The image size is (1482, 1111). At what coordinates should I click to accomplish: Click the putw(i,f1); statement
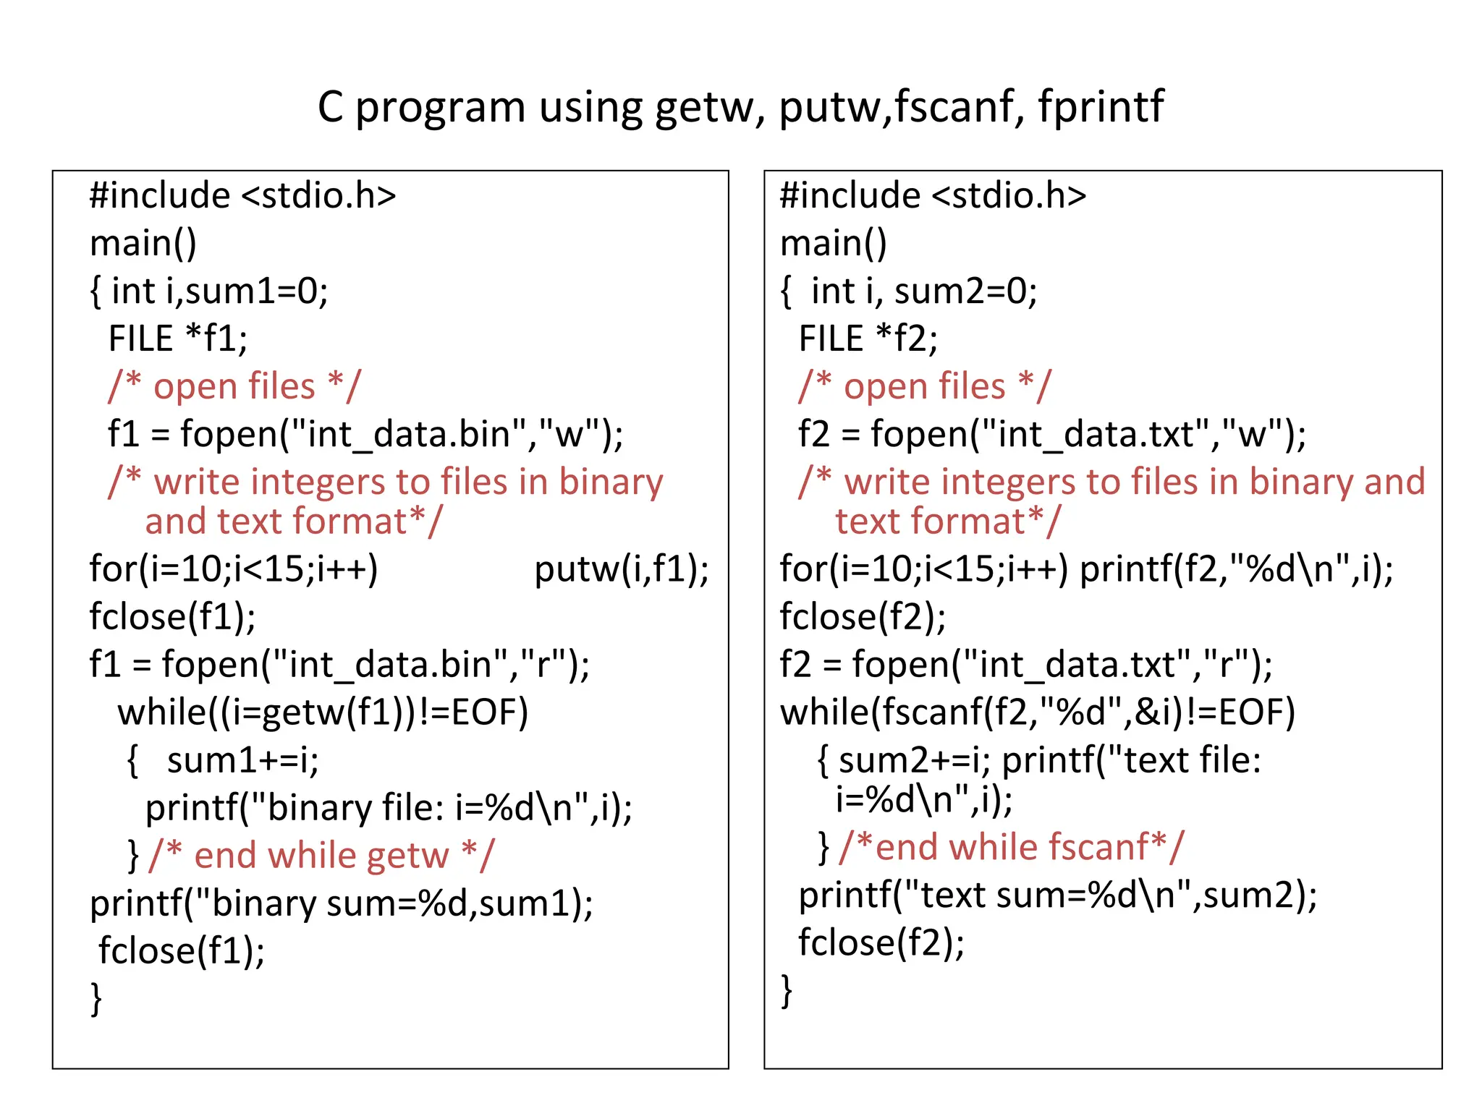point(621,569)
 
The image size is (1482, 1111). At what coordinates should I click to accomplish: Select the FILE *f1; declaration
point(177,339)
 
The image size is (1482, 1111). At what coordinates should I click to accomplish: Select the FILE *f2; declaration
point(868,339)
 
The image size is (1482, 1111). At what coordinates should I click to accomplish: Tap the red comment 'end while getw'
point(322,856)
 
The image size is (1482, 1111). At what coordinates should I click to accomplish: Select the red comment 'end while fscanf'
point(1012,847)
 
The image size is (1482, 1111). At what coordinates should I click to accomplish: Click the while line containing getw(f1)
point(323,712)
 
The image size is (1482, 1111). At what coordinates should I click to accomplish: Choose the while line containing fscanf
point(1037,712)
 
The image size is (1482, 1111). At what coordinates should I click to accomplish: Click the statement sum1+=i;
point(242,760)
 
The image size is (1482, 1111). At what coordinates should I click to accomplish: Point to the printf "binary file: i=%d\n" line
point(389,808)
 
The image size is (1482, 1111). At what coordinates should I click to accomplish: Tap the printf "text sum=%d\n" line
point(1057,895)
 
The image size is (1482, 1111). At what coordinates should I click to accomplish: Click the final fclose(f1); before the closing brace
point(182,950)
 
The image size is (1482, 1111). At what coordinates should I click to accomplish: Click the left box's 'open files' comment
point(234,386)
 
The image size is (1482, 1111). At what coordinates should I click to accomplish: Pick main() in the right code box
point(833,243)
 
